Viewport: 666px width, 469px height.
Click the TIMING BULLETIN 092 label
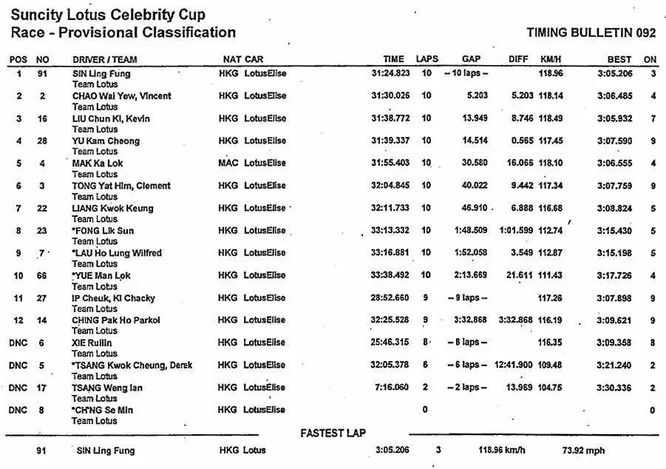coord(591,33)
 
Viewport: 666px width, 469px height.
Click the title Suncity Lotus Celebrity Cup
coord(108,15)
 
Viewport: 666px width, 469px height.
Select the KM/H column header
coord(551,59)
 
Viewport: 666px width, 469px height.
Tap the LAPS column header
coord(427,59)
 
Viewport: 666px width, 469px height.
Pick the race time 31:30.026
coord(390,96)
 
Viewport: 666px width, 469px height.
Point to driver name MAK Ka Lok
coord(98,163)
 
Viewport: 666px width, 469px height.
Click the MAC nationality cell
coord(228,163)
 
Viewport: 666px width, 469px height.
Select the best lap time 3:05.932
coord(614,118)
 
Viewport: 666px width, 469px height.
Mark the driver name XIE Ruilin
coord(92,343)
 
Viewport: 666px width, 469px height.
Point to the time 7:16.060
coord(393,388)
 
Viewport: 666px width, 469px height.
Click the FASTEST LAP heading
coord(333,433)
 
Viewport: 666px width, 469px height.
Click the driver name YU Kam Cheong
coord(106,141)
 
